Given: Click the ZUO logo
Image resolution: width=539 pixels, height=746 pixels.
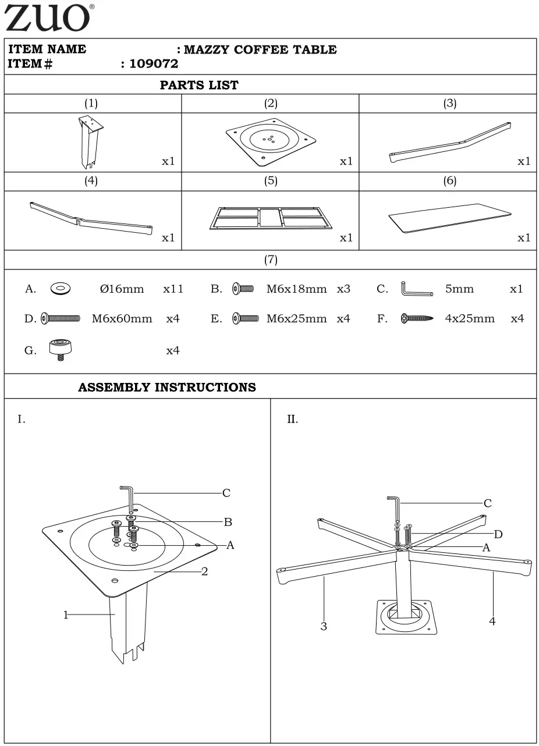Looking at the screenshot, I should click(48, 18).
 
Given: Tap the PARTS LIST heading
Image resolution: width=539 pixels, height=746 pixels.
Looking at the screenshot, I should click(199, 85).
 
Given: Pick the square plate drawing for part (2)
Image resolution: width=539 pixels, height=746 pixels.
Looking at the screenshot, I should click(271, 140).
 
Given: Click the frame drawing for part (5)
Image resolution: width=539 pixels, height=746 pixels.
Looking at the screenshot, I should click(271, 218).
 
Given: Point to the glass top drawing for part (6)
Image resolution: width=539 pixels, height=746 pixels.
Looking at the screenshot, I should click(450, 219).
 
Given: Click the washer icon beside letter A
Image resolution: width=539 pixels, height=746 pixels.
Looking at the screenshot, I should click(60, 289).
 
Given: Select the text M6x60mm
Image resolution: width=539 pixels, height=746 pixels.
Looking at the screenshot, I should click(122, 319).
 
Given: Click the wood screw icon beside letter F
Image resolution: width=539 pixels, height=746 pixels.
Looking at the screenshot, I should click(417, 319).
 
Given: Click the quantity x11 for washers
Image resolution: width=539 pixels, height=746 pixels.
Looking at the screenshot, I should click(173, 289).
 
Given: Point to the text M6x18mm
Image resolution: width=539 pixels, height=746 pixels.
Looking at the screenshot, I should click(297, 289).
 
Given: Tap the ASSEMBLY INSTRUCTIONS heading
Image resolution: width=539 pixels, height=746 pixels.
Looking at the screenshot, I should click(167, 388).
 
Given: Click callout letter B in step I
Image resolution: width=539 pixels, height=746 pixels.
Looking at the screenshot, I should click(228, 522).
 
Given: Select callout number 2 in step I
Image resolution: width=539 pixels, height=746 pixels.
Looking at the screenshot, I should click(204, 571).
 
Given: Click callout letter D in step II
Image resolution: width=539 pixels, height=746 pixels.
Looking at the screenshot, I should click(498, 534).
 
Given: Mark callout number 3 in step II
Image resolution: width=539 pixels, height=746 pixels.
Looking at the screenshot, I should click(324, 626).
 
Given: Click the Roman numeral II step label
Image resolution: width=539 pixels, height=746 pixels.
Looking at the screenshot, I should click(292, 420).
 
